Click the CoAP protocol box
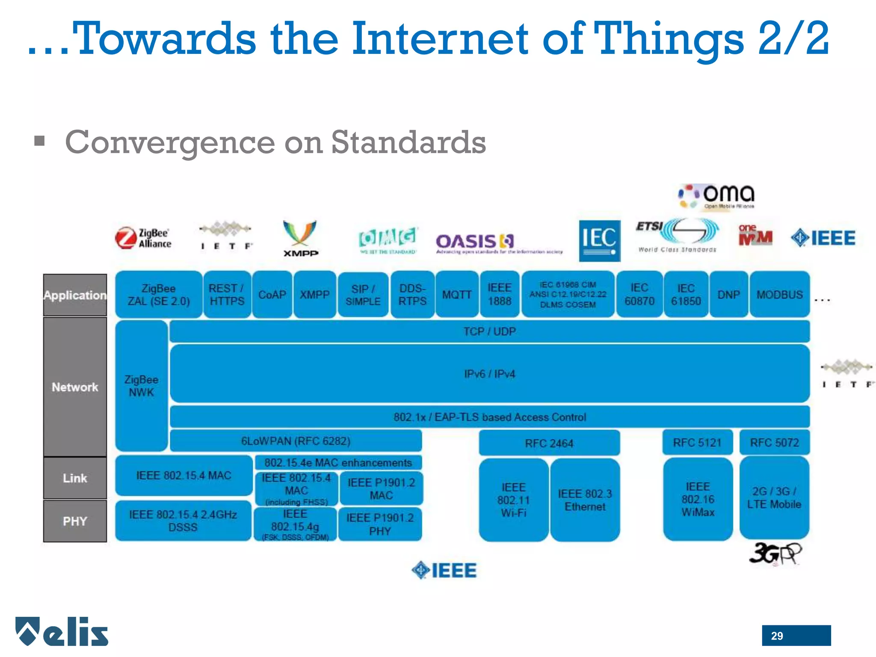pos(272,295)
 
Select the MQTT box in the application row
pos(456,295)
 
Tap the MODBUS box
pos(779,295)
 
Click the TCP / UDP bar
pos(489,331)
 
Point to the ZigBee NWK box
pos(141,386)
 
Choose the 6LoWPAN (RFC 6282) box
pos(296,441)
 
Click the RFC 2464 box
pos(549,443)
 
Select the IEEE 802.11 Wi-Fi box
pos(513,500)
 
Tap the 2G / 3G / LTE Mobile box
pos(774,497)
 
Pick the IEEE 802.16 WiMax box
pos(698,499)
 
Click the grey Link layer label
pos(75,478)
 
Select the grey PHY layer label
pos(75,521)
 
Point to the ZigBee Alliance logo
pos(143,238)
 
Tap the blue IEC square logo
pos(599,240)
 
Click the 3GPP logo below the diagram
pos(775,554)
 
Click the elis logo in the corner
pos(62,631)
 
